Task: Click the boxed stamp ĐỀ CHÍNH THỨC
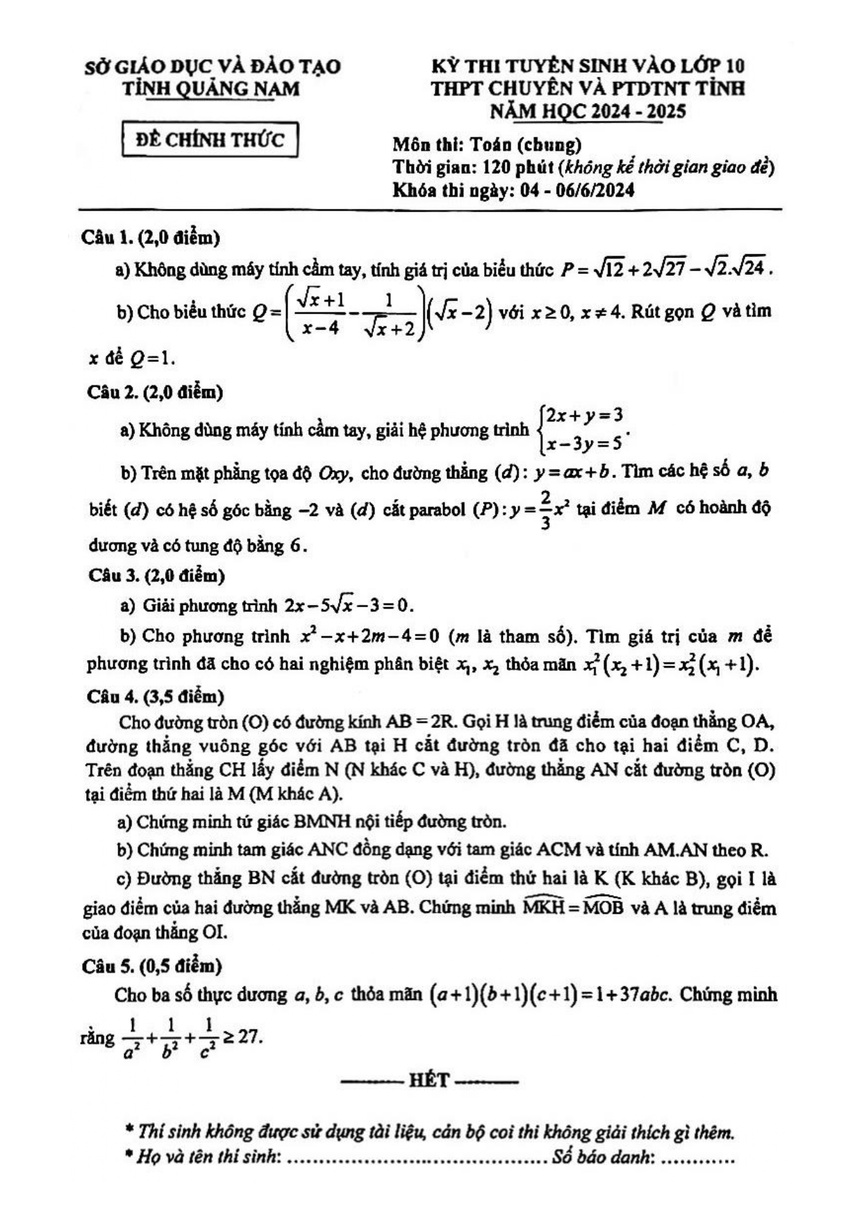[210, 140]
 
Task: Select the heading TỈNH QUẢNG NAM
[211, 89]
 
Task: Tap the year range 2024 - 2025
[638, 111]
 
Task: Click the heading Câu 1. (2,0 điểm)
[151, 238]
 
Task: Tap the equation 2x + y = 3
[583, 415]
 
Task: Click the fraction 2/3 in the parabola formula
[545, 509]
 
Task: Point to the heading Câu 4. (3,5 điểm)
[156, 695]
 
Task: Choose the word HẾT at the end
[429, 1080]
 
